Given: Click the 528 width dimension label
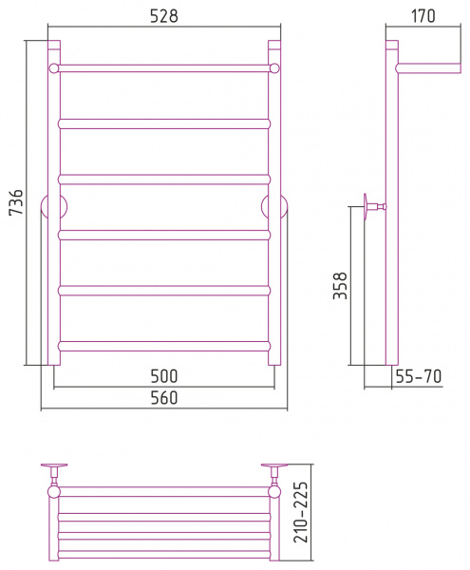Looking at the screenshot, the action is pos(164,16).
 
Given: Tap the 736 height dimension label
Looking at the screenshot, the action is pos(16,202).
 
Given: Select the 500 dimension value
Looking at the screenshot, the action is pos(164,376).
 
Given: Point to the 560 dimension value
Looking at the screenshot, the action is pos(164,398).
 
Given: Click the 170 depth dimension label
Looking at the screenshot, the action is pos(423,16).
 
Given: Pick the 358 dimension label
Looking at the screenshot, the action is pos(340,286).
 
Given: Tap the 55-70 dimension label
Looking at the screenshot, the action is pos(419,376).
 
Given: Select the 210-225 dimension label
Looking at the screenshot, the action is pos(301,512).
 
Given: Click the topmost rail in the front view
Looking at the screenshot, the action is pos(164,68).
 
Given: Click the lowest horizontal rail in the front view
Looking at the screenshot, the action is pos(164,346).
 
